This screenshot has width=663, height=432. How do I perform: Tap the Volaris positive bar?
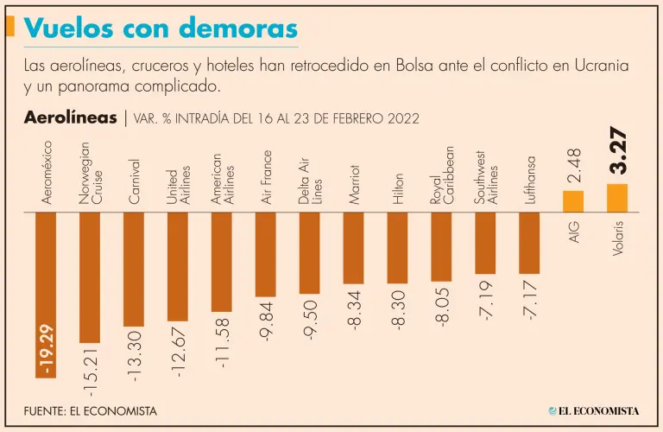(x=617, y=198)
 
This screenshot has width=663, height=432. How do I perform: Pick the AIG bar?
(x=573, y=201)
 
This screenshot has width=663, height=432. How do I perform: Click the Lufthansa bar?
(x=529, y=243)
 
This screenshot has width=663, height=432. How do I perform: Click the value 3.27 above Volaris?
(x=618, y=152)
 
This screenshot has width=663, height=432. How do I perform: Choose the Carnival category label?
(x=135, y=181)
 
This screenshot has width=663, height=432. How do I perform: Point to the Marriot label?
(x=355, y=181)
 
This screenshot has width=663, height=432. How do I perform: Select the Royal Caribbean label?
(x=443, y=175)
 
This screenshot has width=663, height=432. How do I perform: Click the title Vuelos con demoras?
(x=161, y=28)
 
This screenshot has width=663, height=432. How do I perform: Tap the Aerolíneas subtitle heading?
(x=71, y=118)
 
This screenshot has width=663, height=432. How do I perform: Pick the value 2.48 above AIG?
(x=574, y=165)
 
